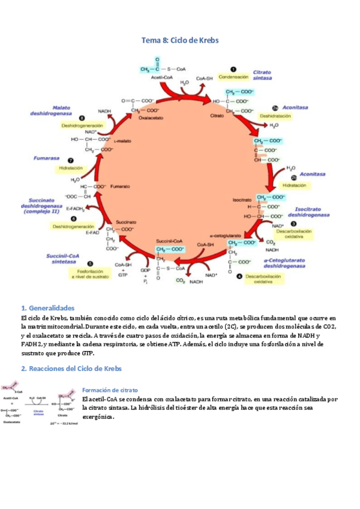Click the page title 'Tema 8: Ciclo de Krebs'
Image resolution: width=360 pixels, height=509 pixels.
coord(180,40)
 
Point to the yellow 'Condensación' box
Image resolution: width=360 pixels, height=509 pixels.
coord(234,77)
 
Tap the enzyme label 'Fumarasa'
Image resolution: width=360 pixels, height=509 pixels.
coord(46,160)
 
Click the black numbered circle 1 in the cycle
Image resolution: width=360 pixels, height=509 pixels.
coord(233,68)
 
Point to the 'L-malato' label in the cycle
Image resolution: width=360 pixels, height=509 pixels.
coord(122,141)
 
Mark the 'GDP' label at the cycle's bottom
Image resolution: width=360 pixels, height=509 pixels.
coord(145,271)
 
